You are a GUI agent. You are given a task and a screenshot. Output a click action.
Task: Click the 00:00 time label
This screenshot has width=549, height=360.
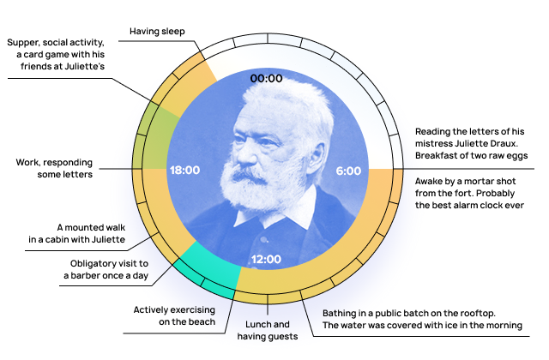(266, 78)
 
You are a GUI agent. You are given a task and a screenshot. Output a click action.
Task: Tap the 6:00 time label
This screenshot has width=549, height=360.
(348, 171)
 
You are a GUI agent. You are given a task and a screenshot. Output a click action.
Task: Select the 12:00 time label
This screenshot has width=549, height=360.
(266, 259)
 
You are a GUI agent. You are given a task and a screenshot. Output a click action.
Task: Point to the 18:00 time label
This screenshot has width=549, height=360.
(184, 171)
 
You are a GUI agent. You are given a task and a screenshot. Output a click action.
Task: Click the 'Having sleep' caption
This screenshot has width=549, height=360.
(158, 32)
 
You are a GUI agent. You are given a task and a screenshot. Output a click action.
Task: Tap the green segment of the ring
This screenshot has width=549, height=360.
(155, 137)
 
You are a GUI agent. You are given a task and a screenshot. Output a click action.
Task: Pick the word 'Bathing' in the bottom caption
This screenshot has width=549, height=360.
(341, 313)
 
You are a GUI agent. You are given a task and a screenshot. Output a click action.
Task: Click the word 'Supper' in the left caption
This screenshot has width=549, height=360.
(24, 42)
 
